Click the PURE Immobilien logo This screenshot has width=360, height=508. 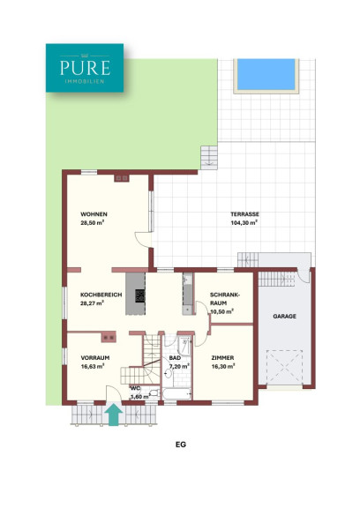[85, 68]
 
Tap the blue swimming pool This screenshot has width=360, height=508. [266, 74]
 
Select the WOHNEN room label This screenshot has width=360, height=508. [94, 214]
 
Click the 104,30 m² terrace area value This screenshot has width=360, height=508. [244, 222]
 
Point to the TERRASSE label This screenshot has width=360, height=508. [244, 214]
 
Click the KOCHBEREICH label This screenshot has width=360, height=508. [101, 295]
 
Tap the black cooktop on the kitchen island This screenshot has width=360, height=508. [140, 295]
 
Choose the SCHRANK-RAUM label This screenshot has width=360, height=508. [224, 299]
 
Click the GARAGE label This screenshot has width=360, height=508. [284, 317]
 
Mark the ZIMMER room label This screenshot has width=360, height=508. [222, 358]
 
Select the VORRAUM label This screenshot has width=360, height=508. [95, 358]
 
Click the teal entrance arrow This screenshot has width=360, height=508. [114, 414]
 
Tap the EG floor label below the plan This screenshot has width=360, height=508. [181, 444]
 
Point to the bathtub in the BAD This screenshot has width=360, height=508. [176, 394]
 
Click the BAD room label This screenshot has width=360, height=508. [175, 358]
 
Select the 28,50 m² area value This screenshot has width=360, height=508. [92, 222]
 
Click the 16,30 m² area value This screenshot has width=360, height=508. [223, 366]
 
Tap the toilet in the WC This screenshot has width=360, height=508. [154, 393]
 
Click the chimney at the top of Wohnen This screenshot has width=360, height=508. [122, 178]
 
